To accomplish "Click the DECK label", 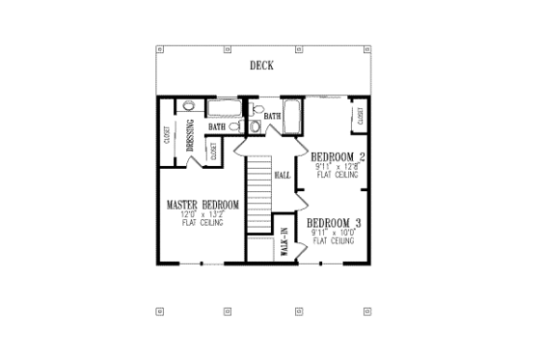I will (x=260, y=67).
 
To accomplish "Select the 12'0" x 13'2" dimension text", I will (x=202, y=214).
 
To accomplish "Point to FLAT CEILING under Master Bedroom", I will (x=202, y=223).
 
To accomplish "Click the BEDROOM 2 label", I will (x=337, y=156).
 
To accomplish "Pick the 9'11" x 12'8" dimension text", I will (x=337, y=166).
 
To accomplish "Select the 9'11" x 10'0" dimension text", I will (x=333, y=233).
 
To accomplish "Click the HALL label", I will (x=283, y=176).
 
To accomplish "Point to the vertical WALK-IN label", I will (x=283, y=239).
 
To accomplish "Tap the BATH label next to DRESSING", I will (x=217, y=125).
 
